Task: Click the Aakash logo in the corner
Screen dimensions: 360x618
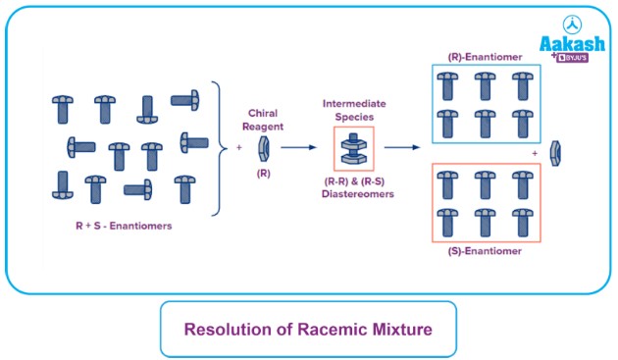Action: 568,40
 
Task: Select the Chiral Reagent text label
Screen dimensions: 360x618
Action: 263,118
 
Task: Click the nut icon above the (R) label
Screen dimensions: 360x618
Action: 263,148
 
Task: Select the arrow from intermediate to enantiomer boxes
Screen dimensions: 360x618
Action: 406,148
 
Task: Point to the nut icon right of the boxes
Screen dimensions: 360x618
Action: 555,153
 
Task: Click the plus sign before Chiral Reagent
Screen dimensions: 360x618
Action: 238,148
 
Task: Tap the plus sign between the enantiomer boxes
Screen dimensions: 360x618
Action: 535,154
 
